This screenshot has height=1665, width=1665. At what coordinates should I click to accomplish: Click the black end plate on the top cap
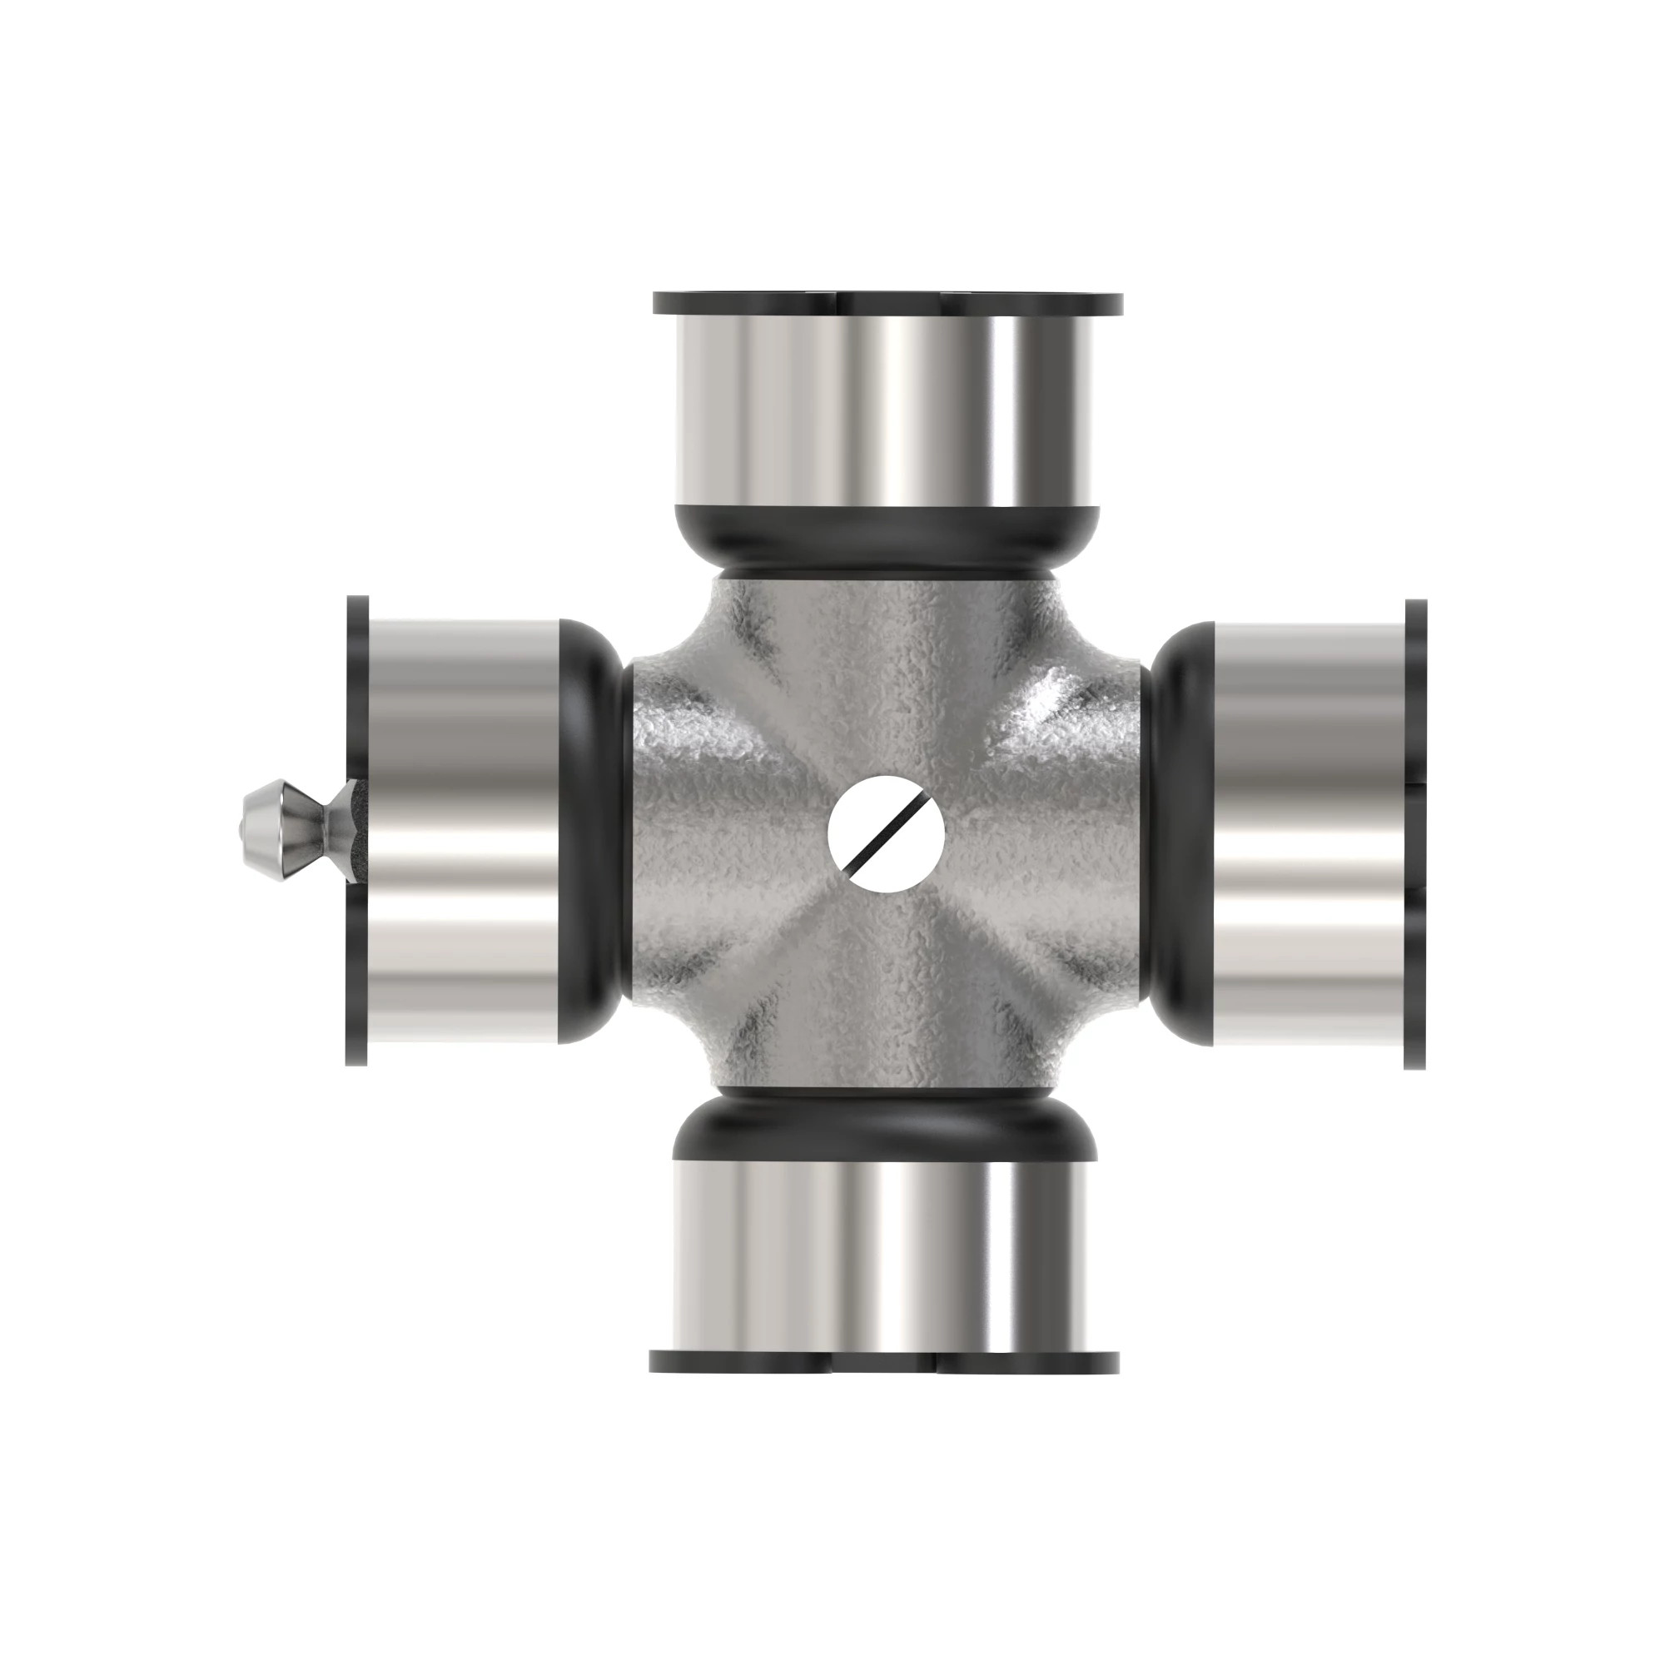[x=887, y=303]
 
